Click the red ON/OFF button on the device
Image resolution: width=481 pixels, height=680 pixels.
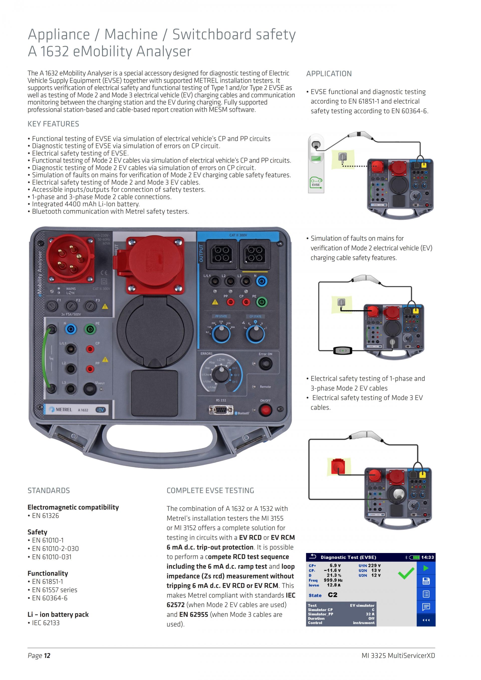(x=265, y=410)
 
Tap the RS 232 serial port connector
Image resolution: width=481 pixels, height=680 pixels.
(x=221, y=410)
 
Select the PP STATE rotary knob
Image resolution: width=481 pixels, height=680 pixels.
(x=221, y=333)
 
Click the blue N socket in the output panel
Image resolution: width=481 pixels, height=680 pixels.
(x=261, y=281)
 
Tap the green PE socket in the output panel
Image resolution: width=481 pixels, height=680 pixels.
(x=262, y=302)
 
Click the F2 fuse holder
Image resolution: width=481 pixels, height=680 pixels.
(x=71, y=306)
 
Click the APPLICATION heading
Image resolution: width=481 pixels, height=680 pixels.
(x=329, y=74)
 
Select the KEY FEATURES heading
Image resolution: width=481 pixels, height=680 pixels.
(x=53, y=124)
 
